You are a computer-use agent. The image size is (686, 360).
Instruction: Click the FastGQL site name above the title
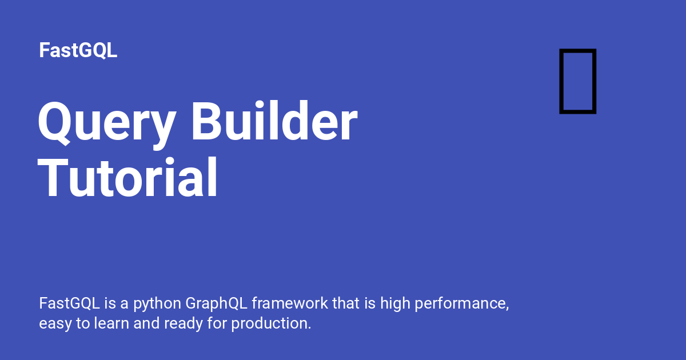coord(78,50)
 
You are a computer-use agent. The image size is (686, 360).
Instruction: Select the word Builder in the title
coord(274,121)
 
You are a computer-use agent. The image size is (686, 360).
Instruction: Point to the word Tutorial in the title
coord(127,177)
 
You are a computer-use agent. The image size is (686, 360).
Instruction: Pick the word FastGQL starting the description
coord(70,303)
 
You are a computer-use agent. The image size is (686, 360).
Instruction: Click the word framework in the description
coord(290,303)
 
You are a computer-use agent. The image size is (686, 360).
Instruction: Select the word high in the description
coord(396,305)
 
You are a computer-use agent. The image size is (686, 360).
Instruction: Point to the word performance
coord(461,305)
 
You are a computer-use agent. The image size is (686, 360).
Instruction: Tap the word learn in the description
coord(111,323)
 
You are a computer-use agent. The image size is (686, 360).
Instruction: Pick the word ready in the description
coord(184,325)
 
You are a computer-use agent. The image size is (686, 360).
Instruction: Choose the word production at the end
coord(271,325)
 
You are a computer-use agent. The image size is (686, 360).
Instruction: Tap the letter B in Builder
coord(208,121)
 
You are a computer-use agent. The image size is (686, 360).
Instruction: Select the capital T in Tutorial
coord(53,178)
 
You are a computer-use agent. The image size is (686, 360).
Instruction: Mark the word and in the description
coord(147,323)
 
